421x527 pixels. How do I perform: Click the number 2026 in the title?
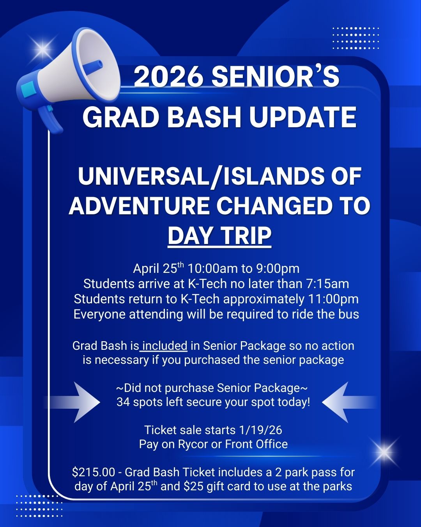169,77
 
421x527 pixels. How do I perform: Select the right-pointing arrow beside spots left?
73,402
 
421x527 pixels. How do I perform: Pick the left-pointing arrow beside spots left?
349,402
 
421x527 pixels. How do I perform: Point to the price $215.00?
94,472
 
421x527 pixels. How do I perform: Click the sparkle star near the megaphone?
43,48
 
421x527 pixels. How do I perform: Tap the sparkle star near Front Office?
383,452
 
